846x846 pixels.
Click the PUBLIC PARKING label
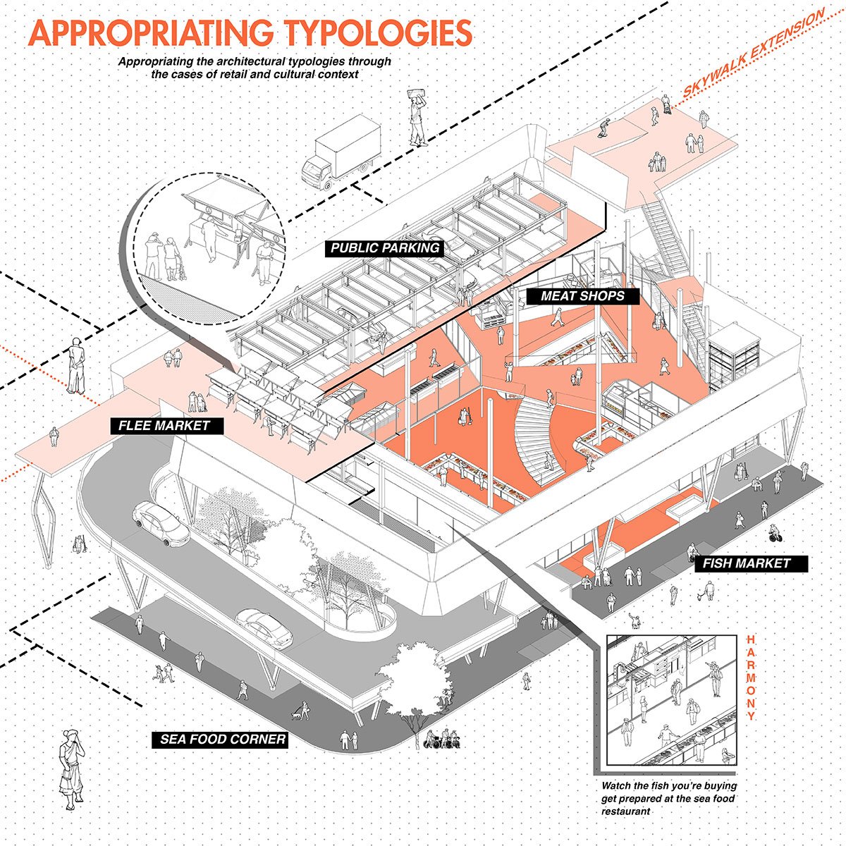385,248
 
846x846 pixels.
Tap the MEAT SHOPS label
582,296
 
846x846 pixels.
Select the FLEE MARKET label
164,426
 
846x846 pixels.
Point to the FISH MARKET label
746,564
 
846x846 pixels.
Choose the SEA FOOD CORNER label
222,740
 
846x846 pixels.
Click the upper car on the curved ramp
161,522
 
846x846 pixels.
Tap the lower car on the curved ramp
264,627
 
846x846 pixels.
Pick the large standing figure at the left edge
76,367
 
